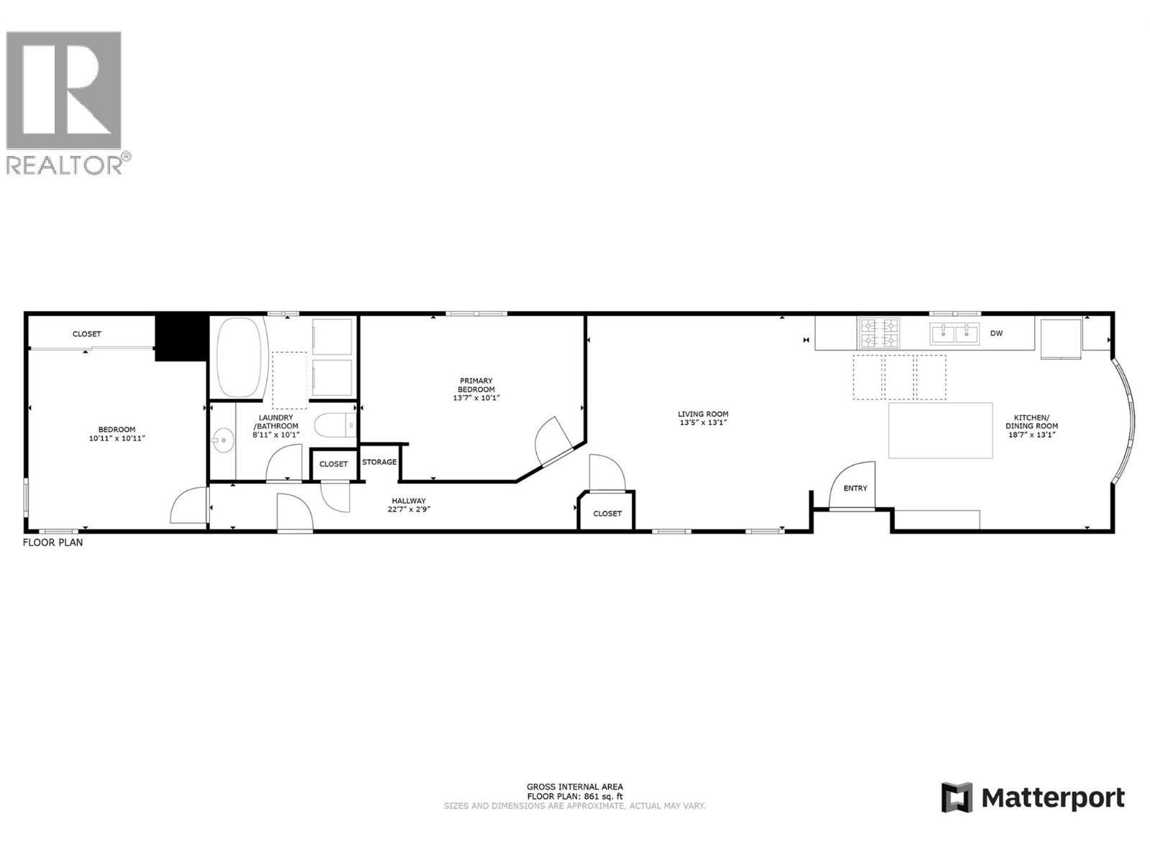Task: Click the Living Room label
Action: (x=703, y=414)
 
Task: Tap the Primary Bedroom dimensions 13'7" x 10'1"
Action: (x=476, y=398)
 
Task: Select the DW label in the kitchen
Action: (x=996, y=333)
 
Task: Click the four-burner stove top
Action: (x=879, y=333)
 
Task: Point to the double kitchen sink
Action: (x=954, y=333)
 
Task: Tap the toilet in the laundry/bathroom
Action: (x=336, y=425)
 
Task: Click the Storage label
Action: (x=379, y=462)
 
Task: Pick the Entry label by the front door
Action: (x=855, y=488)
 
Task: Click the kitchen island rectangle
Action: (x=940, y=430)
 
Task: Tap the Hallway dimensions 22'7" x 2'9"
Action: (x=409, y=509)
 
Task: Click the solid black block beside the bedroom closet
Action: (x=181, y=337)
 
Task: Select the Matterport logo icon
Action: (x=957, y=797)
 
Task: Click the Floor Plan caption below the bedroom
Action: (x=52, y=542)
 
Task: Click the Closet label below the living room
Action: (x=607, y=514)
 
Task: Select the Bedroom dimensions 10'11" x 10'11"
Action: (x=116, y=438)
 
